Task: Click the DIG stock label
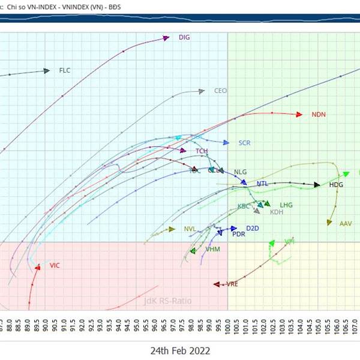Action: coord(184,37)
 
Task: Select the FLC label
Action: coord(65,71)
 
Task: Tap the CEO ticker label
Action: coord(220,91)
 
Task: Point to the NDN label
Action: coord(319,115)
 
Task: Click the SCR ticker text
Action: coord(244,143)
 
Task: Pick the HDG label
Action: coord(336,185)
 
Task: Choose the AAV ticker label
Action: coord(346,224)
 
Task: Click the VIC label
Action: coord(55,265)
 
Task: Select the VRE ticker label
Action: coord(232,284)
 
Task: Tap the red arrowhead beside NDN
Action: coord(298,114)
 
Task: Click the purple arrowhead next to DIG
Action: coord(166,38)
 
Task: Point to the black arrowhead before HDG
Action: coord(317,185)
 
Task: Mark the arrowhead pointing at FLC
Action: coord(46,71)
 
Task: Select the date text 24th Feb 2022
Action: coord(180,350)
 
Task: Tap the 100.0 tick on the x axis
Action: coord(229,327)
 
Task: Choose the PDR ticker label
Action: coord(238,234)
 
